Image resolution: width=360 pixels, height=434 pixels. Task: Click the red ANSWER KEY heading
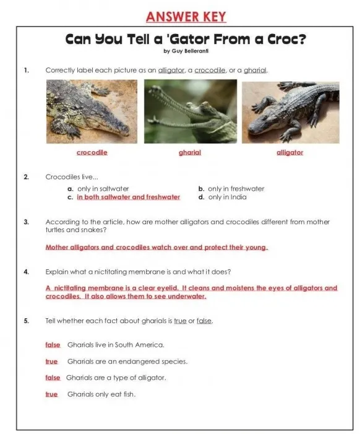point(186,17)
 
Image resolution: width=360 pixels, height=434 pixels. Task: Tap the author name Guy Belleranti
point(191,51)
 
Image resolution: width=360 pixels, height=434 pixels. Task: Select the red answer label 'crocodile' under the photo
point(92,152)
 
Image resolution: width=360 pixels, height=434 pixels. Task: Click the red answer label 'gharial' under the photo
point(190,152)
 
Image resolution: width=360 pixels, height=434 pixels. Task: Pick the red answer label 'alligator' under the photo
point(289,152)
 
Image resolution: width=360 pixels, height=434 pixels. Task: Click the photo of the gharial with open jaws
point(191,111)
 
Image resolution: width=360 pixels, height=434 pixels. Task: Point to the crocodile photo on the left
point(92,111)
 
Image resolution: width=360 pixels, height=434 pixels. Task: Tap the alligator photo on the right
point(291,113)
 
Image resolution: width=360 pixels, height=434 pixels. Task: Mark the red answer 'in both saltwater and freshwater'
point(129,197)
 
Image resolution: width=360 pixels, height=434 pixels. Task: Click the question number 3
point(26,222)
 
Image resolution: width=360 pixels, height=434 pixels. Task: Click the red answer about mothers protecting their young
point(156,247)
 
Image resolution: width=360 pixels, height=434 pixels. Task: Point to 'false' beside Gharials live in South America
point(53,345)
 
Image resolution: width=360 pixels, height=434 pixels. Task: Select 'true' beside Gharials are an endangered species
point(52,362)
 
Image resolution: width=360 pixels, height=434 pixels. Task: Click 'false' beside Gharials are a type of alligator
point(53,378)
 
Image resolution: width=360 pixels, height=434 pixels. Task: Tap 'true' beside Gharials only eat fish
point(52,394)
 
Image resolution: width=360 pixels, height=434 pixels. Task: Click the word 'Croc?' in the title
point(287,39)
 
